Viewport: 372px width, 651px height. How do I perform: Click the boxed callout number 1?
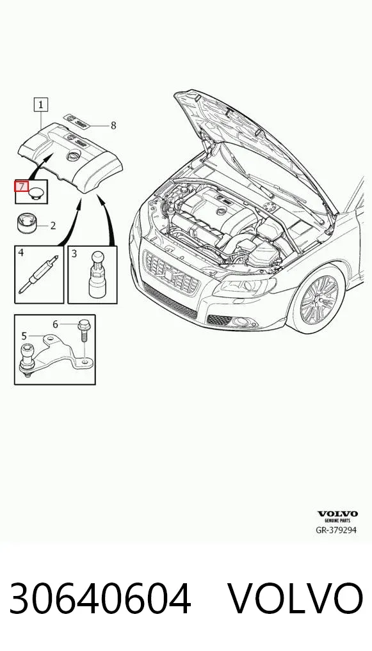[41, 105]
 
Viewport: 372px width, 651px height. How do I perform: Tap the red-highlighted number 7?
[22, 187]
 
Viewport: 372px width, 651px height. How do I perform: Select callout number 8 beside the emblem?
[113, 125]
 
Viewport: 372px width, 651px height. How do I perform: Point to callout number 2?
[53, 226]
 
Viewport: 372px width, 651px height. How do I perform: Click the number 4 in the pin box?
[20, 253]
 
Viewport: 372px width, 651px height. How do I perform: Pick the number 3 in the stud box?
[74, 253]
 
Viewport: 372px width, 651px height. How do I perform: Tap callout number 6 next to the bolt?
[56, 324]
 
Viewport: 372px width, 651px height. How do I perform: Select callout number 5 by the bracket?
[24, 336]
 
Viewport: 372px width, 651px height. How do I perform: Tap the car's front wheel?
[318, 298]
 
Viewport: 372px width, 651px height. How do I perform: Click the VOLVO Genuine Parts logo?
[337, 517]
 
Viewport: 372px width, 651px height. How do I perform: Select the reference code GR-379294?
[336, 529]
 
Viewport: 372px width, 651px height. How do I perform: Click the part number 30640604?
[100, 598]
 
